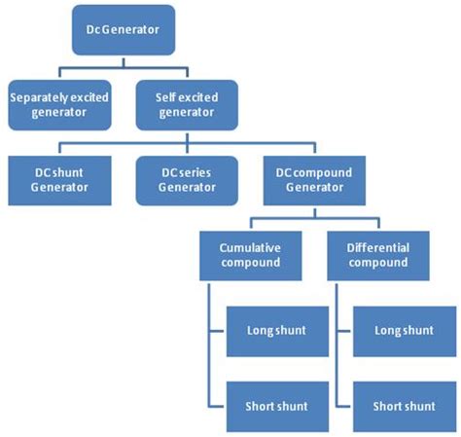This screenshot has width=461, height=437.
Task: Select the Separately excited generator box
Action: click(58, 105)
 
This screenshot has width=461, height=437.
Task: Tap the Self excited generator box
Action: click(185, 105)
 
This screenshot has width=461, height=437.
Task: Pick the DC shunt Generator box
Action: click(58, 179)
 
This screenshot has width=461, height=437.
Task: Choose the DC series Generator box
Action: click(185, 179)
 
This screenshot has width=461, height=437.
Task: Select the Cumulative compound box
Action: click(251, 256)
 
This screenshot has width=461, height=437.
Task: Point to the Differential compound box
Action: click(377, 256)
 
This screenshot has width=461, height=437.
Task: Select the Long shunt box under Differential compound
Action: click(403, 331)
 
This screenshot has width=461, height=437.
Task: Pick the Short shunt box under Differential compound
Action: click(403, 405)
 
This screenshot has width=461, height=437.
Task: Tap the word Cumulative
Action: click(251, 248)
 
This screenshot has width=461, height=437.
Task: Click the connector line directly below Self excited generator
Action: click(185, 136)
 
